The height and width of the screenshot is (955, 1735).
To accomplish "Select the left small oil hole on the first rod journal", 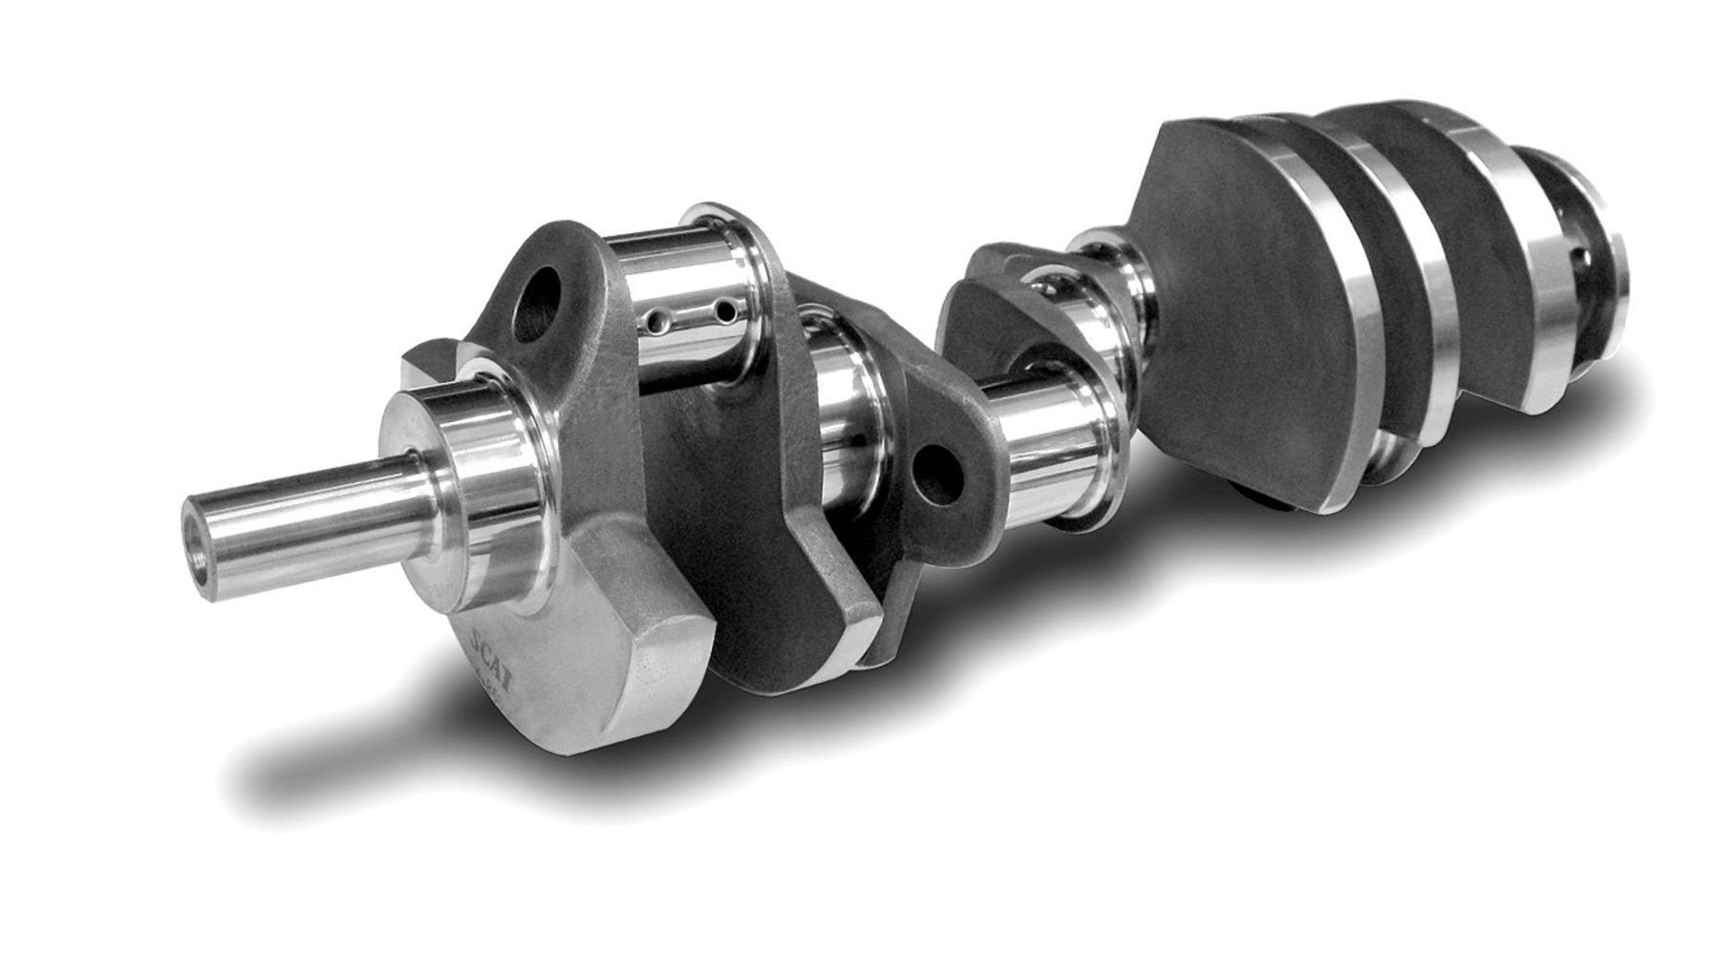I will (x=657, y=318).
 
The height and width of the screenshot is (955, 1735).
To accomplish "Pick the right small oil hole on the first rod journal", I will (x=728, y=311).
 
